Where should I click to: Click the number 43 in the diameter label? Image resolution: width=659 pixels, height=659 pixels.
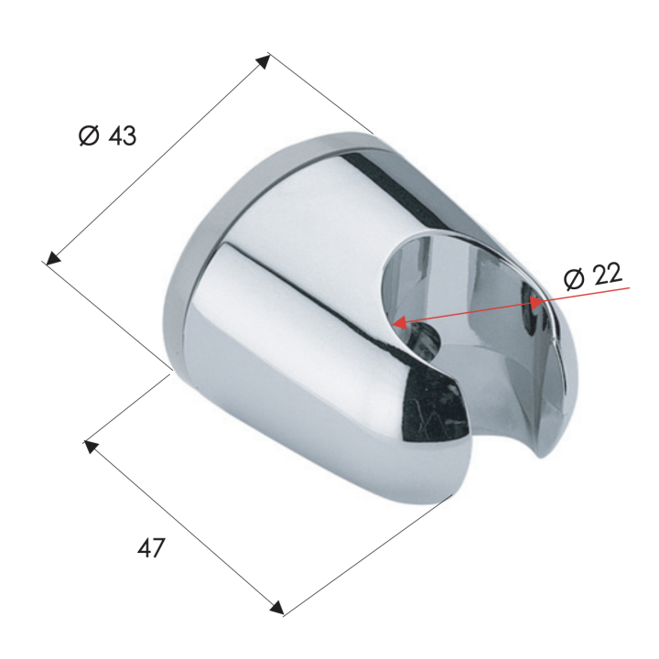[123, 135]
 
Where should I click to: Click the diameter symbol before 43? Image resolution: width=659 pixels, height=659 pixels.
[89, 135]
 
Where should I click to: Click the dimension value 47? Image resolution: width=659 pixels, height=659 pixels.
[151, 547]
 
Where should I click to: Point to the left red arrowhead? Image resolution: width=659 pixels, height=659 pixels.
[399, 323]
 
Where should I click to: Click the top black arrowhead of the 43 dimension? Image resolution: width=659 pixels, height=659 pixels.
[264, 61]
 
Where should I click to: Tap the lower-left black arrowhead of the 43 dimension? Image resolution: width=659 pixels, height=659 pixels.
[53, 257]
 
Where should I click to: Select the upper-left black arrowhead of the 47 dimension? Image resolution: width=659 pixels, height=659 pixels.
[91, 447]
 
